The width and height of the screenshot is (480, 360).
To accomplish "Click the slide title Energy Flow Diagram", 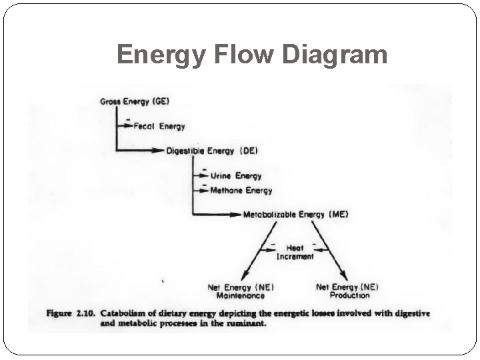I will pyautogui.click(x=252, y=54).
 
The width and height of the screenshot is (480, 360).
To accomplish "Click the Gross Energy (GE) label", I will pyautogui.click(x=134, y=101).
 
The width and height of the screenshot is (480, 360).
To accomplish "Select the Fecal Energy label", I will pyautogui.click(x=159, y=126).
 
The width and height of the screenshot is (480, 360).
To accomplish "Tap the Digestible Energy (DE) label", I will pyautogui.click(x=212, y=151).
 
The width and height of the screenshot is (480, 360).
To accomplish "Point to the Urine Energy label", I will pyautogui.click(x=236, y=176).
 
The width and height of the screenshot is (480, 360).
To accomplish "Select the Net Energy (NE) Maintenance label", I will pyautogui.click(x=236, y=291).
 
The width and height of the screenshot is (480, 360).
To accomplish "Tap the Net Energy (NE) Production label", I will pyautogui.click(x=347, y=291).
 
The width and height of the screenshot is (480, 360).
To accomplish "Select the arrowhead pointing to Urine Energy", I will pyautogui.click(x=204, y=176).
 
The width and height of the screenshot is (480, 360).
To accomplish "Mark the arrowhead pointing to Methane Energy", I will pyautogui.click(x=204, y=191).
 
